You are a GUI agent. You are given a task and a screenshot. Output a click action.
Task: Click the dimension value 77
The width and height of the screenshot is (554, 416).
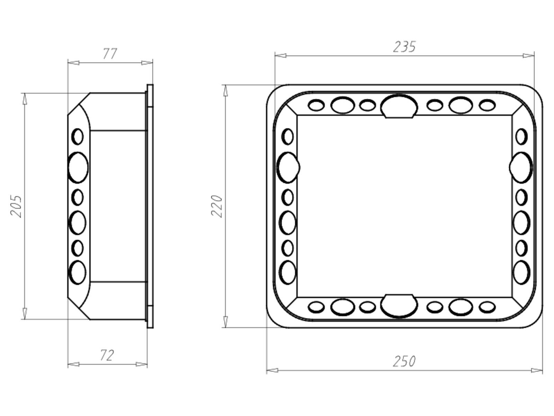tap(110, 53)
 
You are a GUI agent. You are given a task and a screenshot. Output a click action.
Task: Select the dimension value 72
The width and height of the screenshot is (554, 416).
tap(107, 355)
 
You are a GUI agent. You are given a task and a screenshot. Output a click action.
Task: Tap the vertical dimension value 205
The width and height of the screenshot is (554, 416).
tap(16, 206)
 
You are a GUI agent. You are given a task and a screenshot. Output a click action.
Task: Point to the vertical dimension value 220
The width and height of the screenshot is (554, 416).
tap(216, 206)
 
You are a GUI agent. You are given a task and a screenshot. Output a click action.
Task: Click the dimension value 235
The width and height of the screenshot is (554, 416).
tap(404, 47)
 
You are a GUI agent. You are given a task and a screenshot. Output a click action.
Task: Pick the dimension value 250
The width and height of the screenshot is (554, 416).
tap(404, 361)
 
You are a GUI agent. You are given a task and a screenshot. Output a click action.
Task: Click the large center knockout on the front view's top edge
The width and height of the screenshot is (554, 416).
tap(399, 106)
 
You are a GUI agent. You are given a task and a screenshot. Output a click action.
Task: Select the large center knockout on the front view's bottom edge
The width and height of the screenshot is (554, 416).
tap(399, 306)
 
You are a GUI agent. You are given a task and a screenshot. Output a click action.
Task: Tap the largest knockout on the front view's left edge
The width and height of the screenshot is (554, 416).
tap(288, 167)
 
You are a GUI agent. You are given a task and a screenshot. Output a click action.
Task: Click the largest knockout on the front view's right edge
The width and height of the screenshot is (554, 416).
tap(521, 167)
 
